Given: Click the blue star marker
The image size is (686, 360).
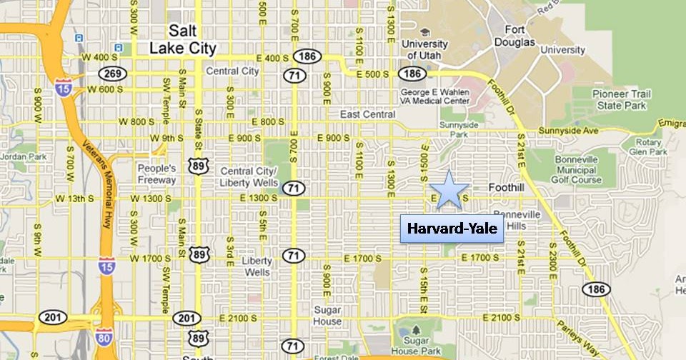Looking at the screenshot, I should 448,191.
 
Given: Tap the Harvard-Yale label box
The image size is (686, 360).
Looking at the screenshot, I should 452,229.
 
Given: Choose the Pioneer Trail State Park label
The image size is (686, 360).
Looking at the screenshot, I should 620,99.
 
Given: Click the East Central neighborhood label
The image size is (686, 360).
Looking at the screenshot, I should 367,114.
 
